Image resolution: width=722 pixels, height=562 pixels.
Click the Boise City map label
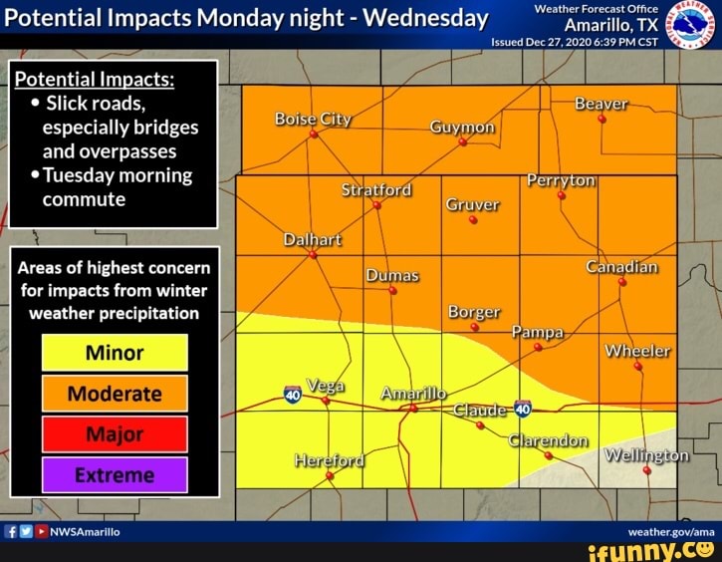[313, 119]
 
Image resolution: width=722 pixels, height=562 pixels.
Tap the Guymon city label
[462, 128]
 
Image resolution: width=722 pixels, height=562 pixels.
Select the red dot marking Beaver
[602, 119]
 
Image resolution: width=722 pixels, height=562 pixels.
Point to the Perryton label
[562, 180]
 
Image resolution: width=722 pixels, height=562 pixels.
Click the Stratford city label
[376, 189]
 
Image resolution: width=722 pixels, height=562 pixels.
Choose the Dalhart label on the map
[313, 239]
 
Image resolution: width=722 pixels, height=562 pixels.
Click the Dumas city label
[391, 275]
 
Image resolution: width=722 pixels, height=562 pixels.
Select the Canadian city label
[622, 267]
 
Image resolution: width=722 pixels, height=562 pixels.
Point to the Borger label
[474, 312]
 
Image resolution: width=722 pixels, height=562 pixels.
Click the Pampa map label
[538, 331]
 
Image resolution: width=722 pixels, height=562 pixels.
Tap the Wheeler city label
[637, 351]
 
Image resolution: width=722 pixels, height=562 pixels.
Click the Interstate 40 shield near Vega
[293, 395]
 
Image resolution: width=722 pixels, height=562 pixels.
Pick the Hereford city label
[330, 459]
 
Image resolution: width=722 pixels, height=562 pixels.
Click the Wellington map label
[647, 455]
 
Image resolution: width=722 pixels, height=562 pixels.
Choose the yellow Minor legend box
[115, 353]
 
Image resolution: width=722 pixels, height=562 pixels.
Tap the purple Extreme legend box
[115, 475]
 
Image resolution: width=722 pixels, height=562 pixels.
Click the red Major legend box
[115, 434]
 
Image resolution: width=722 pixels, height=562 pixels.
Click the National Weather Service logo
[691, 25]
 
